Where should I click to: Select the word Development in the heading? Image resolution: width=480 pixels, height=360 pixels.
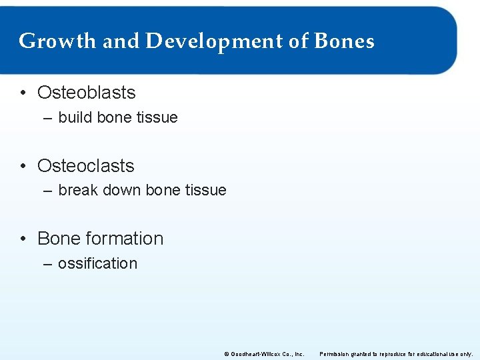tap(213, 41)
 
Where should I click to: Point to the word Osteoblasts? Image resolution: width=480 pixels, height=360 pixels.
tap(86, 93)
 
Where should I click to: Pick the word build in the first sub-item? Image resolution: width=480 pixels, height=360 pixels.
tap(75, 117)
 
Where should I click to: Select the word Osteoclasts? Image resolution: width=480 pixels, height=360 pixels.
tap(85, 166)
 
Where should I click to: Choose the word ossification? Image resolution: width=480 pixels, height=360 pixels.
tap(97, 263)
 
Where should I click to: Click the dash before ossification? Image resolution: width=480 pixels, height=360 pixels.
tap(48, 264)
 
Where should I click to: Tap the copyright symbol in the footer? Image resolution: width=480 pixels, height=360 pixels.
tap(227, 354)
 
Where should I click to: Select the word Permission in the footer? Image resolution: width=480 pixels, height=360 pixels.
tap(336, 354)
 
